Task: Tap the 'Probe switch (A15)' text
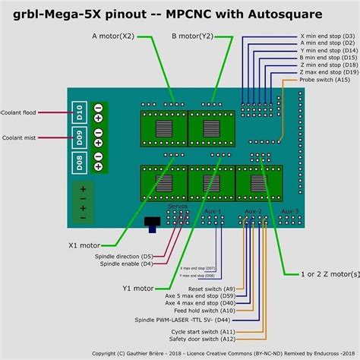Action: pyautogui.click(x=325, y=79)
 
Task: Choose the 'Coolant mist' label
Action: pyautogui.click(x=21, y=138)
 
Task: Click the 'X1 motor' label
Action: pyautogui.click(x=84, y=246)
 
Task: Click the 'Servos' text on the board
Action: pyautogui.click(x=176, y=207)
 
